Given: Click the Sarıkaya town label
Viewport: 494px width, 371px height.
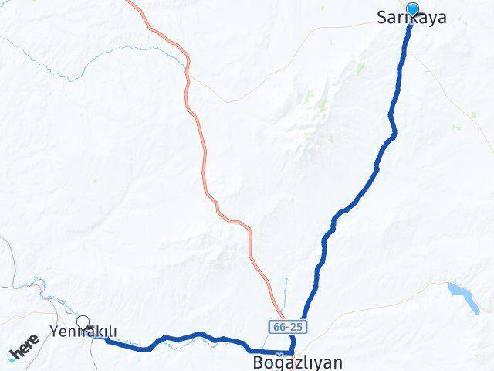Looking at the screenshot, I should pos(411,18).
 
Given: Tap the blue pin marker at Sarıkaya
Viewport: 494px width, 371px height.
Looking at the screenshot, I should pos(412,10).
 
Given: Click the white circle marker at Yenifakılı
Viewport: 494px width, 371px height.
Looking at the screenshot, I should pos(83,323).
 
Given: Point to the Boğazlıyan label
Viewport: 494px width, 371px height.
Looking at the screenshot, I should pos(297,362).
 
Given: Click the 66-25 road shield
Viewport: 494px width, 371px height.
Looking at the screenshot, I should pos(283,328).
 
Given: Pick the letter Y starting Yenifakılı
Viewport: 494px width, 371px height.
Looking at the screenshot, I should pos(53,332).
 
